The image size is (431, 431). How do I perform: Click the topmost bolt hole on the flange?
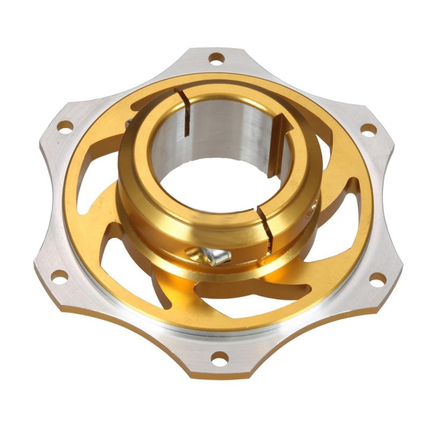pyautogui.click(x=217, y=57)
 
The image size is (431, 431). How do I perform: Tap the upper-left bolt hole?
pyautogui.click(x=65, y=127)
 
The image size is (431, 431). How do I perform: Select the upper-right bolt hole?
pyautogui.click(x=368, y=129)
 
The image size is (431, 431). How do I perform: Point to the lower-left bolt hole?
pyautogui.click(x=60, y=276)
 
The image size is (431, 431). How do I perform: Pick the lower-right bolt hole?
pyautogui.click(x=378, y=279)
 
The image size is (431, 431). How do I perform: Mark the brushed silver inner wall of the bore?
pyautogui.click(x=226, y=129)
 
